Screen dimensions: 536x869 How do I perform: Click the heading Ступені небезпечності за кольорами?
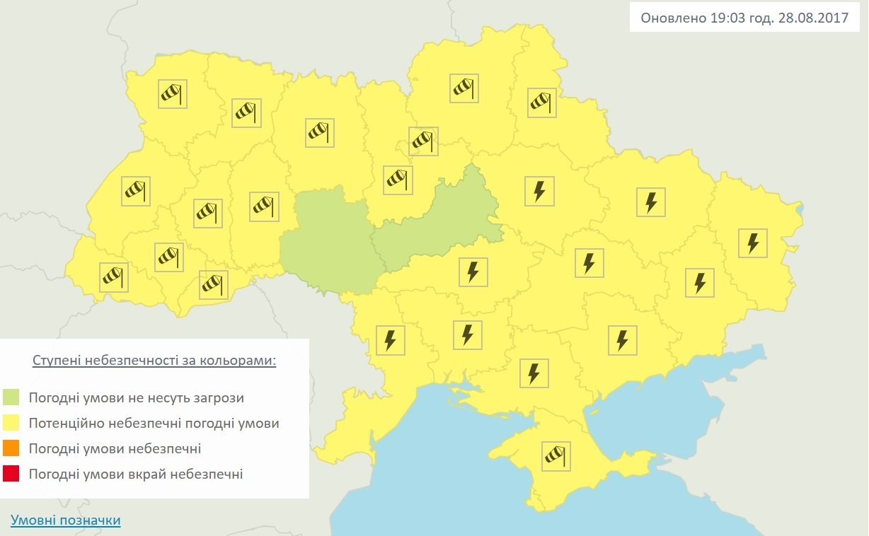point(154,361)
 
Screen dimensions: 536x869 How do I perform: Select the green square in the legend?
point(11,397)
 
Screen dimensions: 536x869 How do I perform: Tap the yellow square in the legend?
point(11,424)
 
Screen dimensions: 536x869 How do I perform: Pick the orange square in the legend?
point(11,449)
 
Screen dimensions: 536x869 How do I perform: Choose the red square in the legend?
point(11,474)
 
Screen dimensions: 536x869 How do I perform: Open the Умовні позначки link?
point(65,521)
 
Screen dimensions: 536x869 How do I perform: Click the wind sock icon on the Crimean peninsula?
point(556,456)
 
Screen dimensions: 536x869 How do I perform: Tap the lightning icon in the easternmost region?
point(752,243)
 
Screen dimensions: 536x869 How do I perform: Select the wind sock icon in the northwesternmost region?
point(172,93)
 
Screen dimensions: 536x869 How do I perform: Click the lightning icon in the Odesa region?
point(391,340)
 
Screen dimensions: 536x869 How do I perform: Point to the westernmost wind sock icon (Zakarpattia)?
point(113,276)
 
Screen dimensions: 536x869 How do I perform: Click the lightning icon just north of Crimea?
point(534,373)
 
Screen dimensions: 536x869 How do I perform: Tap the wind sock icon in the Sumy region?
point(542,103)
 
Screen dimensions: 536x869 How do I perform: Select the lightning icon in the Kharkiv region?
point(651,202)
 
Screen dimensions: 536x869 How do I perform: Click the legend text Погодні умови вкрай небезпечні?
point(136,474)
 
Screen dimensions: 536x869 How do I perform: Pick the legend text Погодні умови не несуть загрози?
point(137,397)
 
